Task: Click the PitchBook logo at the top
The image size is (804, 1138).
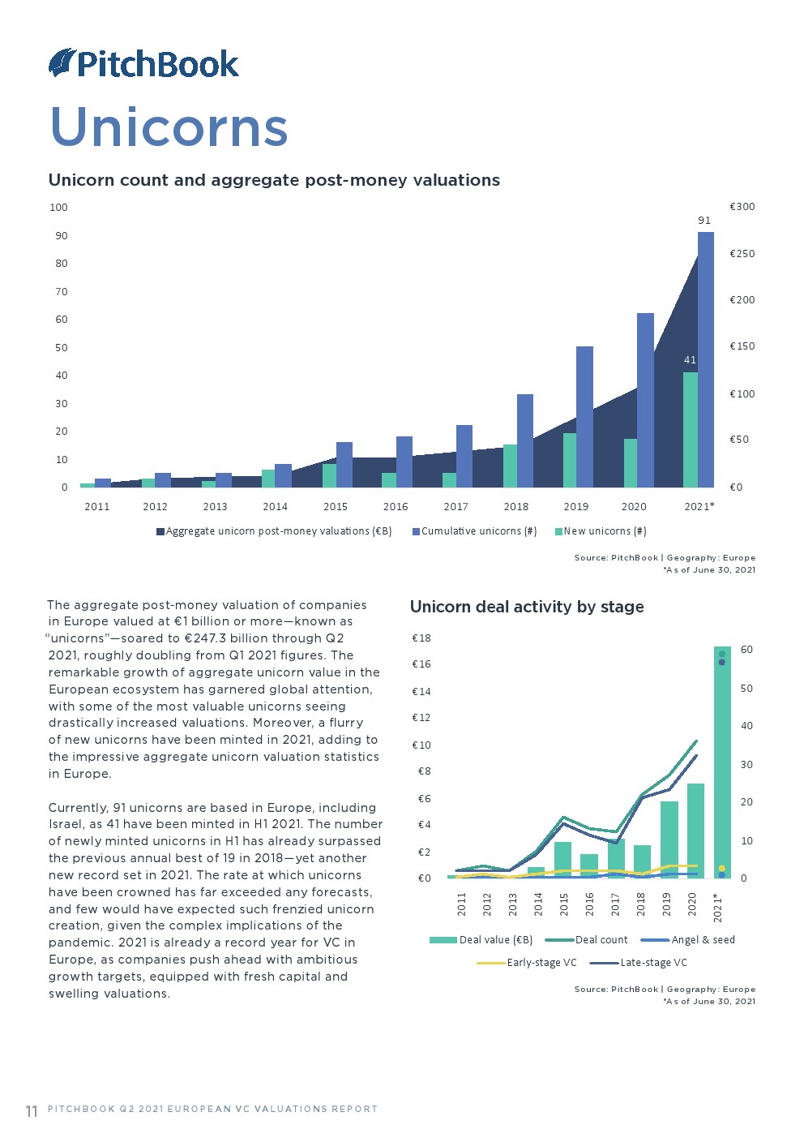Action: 143,63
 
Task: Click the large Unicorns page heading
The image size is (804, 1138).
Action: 169,127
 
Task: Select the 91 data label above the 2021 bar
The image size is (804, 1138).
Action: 704,220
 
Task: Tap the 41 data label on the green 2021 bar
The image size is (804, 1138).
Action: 690,359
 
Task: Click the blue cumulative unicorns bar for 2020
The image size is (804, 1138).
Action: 645,400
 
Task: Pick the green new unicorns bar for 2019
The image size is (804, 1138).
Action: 570,460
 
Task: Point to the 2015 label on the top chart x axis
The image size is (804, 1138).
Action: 336,506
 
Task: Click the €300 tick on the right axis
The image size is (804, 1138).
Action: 742,207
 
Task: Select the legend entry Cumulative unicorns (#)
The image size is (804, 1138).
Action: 475,531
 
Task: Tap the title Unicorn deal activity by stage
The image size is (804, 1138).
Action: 527,607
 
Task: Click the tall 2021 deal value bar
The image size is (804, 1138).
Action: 722,762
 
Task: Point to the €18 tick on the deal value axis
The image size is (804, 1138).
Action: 421,638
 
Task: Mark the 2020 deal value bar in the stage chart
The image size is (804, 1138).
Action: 695,831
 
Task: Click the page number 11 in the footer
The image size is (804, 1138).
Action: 32,1110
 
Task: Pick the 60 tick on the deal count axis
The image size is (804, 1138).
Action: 746,650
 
